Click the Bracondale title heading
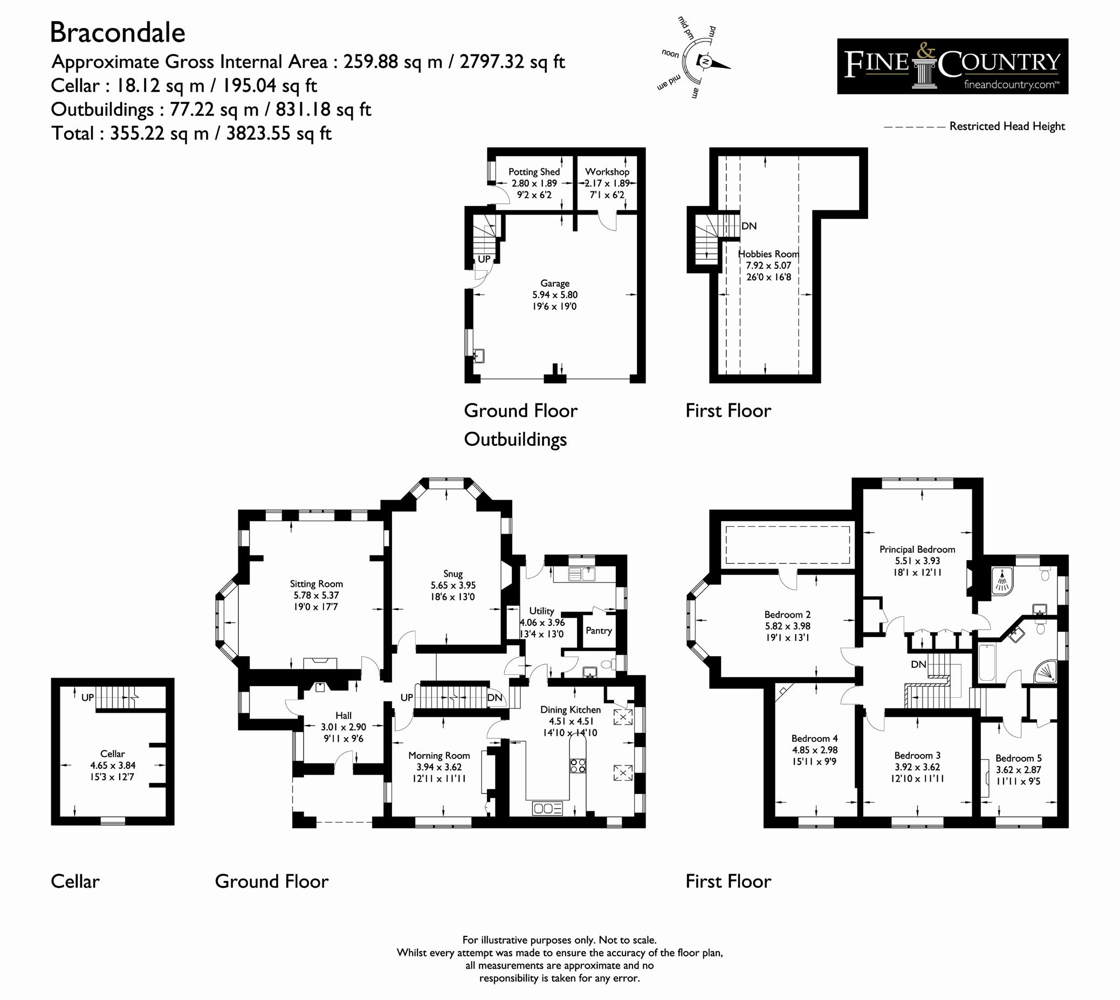(x=118, y=32)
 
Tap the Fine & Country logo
(x=952, y=66)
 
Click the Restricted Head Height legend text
(x=1007, y=126)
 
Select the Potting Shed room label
(x=534, y=172)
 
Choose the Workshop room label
(x=607, y=172)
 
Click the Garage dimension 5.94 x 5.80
(x=554, y=295)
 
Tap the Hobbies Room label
(x=768, y=254)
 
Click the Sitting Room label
(x=316, y=584)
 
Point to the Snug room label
(x=453, y=574)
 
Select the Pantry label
(x=599, y=631)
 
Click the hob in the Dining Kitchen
(x=578, y=765)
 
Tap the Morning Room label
(x=438, y=755)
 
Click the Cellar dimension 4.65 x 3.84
(x=113, y=765)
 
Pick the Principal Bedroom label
(x=917, y=549)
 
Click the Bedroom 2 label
(x=787, y=615)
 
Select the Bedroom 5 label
(x=1018, y=758)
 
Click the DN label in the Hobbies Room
(x=748, y=226)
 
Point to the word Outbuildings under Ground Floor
(x=515, y=439)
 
